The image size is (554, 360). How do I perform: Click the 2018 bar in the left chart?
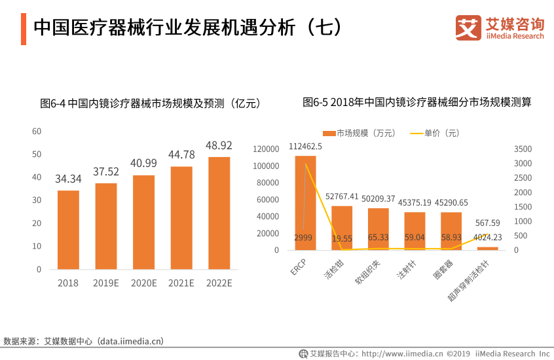68,230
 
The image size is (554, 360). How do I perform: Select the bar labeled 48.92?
219,213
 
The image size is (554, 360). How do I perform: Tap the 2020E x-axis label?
144,283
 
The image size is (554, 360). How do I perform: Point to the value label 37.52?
106,171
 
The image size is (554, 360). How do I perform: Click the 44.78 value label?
181,154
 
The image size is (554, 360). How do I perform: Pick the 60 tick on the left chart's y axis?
37,132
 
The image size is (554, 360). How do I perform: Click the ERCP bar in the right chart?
306,203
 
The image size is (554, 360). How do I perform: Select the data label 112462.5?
305,146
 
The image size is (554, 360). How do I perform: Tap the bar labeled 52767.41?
342,228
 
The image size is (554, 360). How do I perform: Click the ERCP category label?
298,267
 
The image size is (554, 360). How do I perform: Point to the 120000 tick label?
266,149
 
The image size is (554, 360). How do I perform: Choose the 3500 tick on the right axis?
523,149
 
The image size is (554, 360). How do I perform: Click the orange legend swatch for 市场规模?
329,134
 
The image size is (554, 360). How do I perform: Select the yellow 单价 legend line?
416,134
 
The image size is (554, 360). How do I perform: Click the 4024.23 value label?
488,238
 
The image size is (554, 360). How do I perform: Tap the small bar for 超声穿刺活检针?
488,249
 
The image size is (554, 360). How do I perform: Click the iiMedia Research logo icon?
468,27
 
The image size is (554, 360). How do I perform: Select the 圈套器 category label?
443,269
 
